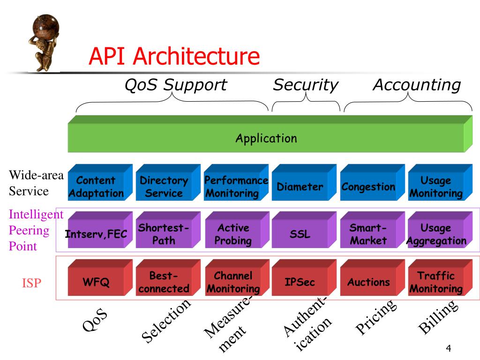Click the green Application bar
pyautogui.click(x=266, y=138)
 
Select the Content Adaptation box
pyautogui.click(x=97, y=187)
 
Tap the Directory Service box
pyautogui.click(x=164, y=187)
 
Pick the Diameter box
pyautogui.click(x=300, y=187)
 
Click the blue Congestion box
pyautogui.click(x=368, y=187)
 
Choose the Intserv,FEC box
pyautogui.click(x=97, y=234)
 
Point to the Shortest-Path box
pyautogui.click(x=164, y=234)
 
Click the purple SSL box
pyautogui.click(x=300, y=234)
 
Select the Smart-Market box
pyautogui.click(x=368, y=234)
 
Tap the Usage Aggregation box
pyautogui.click(x=436, y=234)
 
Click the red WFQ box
pyautogui.click(x=97, y=282)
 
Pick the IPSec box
pyautogui.click(x=300, y=282)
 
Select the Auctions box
pyautogui.click(x=368, y=282)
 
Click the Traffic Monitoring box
pyautogui.click(x=436, y=282)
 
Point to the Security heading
pyautogui.click(x=306, y=85)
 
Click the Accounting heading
pyautogui.click(x=417, y=85)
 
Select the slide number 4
pyautogui.click(x=449, y=348)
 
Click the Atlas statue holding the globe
pyautogui.click(x=45, y=42)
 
